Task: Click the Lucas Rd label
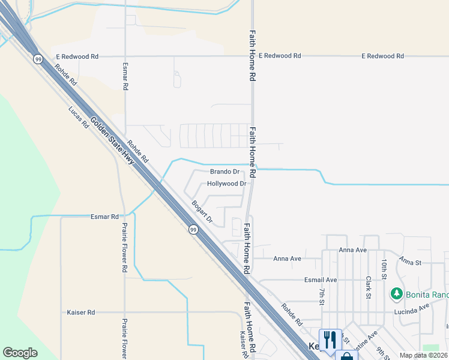tap(79, 118)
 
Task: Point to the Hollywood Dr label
tap(227, 184)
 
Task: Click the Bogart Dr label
tap(202, 212)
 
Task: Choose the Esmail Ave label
tap(321, 280)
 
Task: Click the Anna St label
tap(411, 262)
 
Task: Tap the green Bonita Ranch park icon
tap(396, 294)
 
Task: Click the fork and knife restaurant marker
tap(330, 339)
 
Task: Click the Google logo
tap(20, 353)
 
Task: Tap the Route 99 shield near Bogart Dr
tap(193, 229)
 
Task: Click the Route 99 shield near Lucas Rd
tap(38, 59)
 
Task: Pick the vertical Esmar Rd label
tap(125, 76)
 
